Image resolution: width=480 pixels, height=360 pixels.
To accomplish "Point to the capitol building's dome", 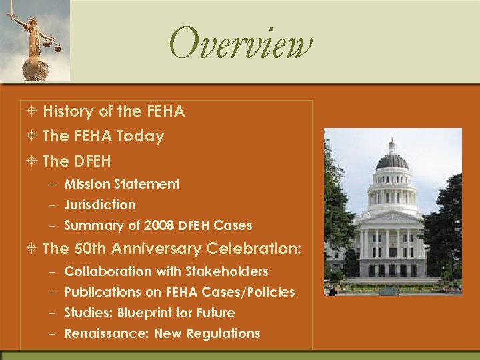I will [392, 160].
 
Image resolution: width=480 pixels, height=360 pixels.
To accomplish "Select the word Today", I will [140, 136].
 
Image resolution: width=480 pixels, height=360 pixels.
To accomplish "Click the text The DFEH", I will [76, 161].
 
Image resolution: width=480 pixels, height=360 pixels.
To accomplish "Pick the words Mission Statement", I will [122, 184].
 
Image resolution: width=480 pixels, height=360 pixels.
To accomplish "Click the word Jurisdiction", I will [100, 205].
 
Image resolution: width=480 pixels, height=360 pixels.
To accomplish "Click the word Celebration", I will [254, 249].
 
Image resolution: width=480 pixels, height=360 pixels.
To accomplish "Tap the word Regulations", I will [226, 333].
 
